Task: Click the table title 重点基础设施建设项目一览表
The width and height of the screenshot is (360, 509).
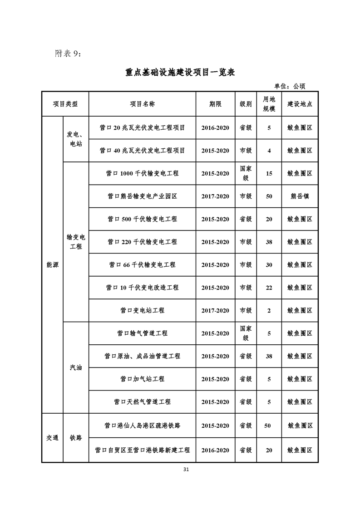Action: tap(180, 73)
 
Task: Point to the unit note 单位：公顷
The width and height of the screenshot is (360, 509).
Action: tap(290, 86)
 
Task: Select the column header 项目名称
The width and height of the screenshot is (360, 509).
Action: tap(142, 104)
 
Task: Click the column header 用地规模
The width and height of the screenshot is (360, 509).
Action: tap(269, 104)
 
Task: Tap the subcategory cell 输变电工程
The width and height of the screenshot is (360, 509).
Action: tap(76, 242)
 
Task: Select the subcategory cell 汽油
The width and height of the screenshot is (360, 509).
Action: tap(76, 367)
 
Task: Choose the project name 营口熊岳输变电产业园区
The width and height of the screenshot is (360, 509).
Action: tap(142, 196)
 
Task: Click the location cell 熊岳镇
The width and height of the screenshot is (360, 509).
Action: tap(300, 196)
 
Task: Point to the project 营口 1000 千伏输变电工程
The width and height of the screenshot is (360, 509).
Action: tap(142, 173)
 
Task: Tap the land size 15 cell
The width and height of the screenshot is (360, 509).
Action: tap(269, 173)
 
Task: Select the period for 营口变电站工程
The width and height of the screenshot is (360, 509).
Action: tap(215, 311)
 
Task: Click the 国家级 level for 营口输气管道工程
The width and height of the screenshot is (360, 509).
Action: tap(246, 333)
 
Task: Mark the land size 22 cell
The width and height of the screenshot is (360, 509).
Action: tap(269, 288)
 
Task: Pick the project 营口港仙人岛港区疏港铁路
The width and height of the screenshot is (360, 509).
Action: tap(142, 426)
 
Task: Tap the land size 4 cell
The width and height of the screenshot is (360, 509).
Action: tap(269, 151)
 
